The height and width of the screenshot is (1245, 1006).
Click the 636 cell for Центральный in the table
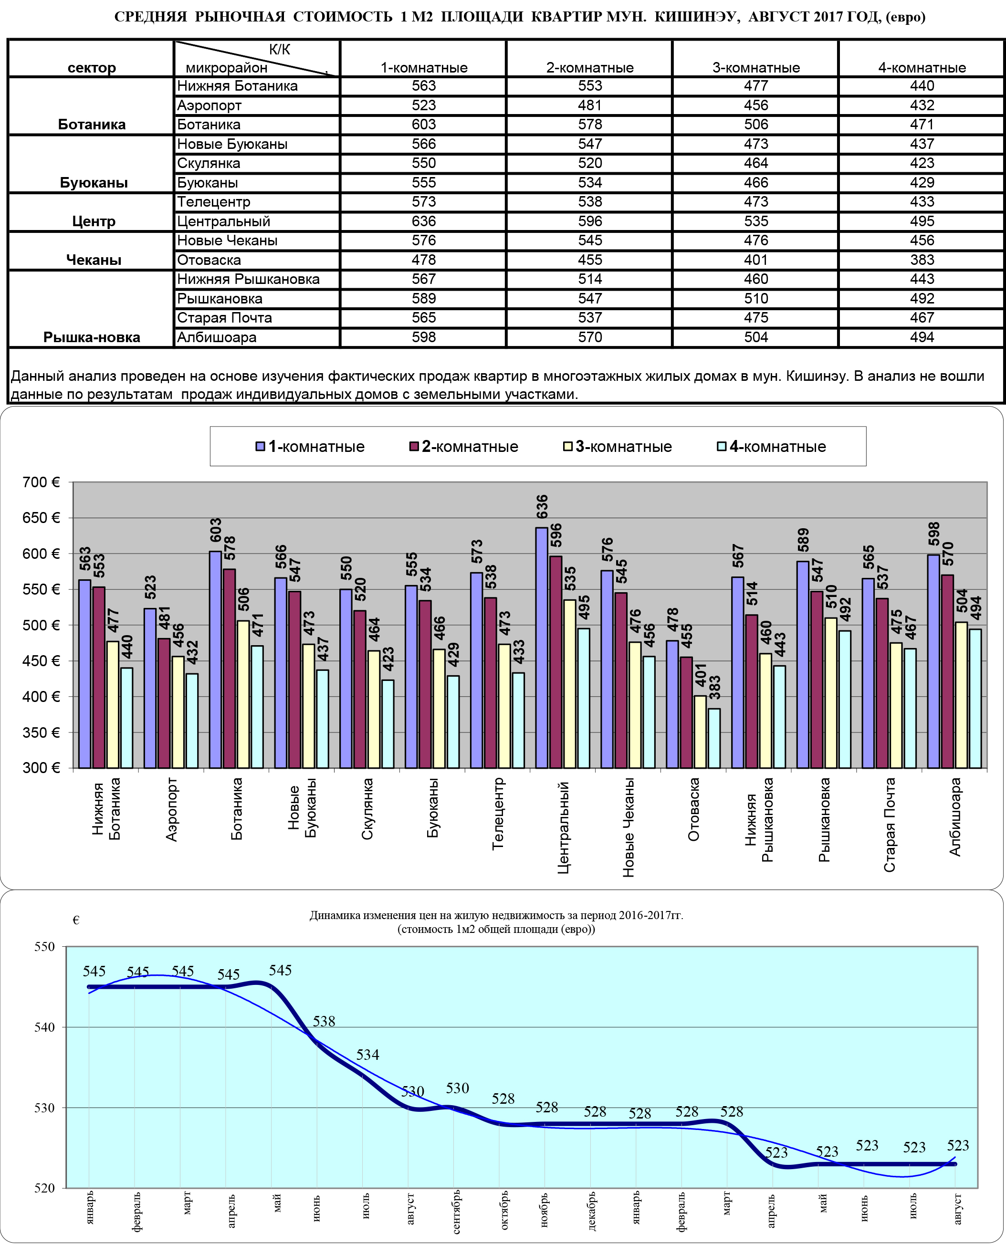424,221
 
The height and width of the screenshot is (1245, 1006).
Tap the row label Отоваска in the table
209,260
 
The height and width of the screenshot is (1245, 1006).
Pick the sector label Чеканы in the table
94,260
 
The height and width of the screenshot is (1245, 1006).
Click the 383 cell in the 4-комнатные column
922,260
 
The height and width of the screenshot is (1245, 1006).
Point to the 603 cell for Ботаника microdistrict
424,125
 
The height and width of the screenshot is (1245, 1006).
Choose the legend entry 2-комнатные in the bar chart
463,447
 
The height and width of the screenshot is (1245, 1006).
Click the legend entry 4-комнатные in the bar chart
771,447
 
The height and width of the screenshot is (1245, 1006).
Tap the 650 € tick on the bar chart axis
41,518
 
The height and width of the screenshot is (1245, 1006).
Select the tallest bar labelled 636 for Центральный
541,648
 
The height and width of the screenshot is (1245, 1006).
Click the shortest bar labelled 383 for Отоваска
714,739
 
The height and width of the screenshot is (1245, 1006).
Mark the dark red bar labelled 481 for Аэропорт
163,703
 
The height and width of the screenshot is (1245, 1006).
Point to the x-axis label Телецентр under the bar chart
498,814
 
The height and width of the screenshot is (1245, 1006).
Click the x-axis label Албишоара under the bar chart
955,817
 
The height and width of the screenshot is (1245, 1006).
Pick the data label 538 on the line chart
324,1021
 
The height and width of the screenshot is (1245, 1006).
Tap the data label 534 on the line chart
368,1055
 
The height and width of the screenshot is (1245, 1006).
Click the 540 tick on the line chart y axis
45,1027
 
